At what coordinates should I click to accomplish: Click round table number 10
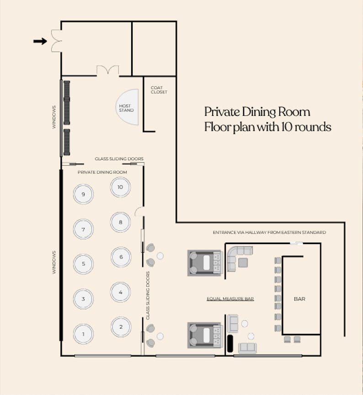(x=120, y=187)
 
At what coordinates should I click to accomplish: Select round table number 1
(x=83, y=334)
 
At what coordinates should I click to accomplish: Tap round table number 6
(x=121, y=257)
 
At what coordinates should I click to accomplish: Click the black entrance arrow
(x=40, y=41)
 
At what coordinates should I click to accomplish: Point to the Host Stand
(x=128, y=107)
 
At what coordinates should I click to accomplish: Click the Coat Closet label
(x=159, y=90)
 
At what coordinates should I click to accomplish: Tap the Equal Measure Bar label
(x=230, y=299)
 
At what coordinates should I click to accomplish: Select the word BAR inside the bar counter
(x=299, y=299)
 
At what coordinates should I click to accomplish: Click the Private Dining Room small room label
(x=102, y=172)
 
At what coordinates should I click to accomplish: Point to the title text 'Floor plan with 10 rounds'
(x=267, y=127)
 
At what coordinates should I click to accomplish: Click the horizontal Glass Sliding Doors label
(x=119, y=159)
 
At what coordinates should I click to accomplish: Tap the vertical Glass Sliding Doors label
(x=148, y=296)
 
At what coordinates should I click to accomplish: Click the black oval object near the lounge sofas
(x=230, y=343)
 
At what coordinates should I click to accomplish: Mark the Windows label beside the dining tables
(x=54, y=262)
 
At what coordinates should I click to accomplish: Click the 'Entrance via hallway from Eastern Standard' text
(x=269, y=232)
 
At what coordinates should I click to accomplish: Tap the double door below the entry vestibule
(x=108, y=71)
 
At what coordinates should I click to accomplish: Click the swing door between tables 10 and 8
(x=139, y=212)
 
